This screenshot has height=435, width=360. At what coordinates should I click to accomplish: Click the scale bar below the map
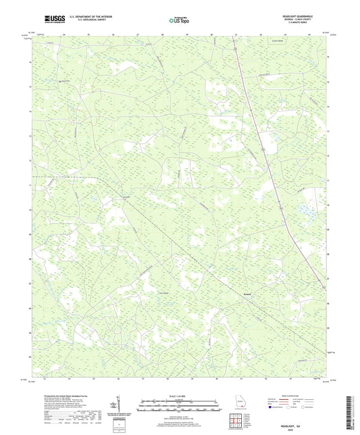179,406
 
